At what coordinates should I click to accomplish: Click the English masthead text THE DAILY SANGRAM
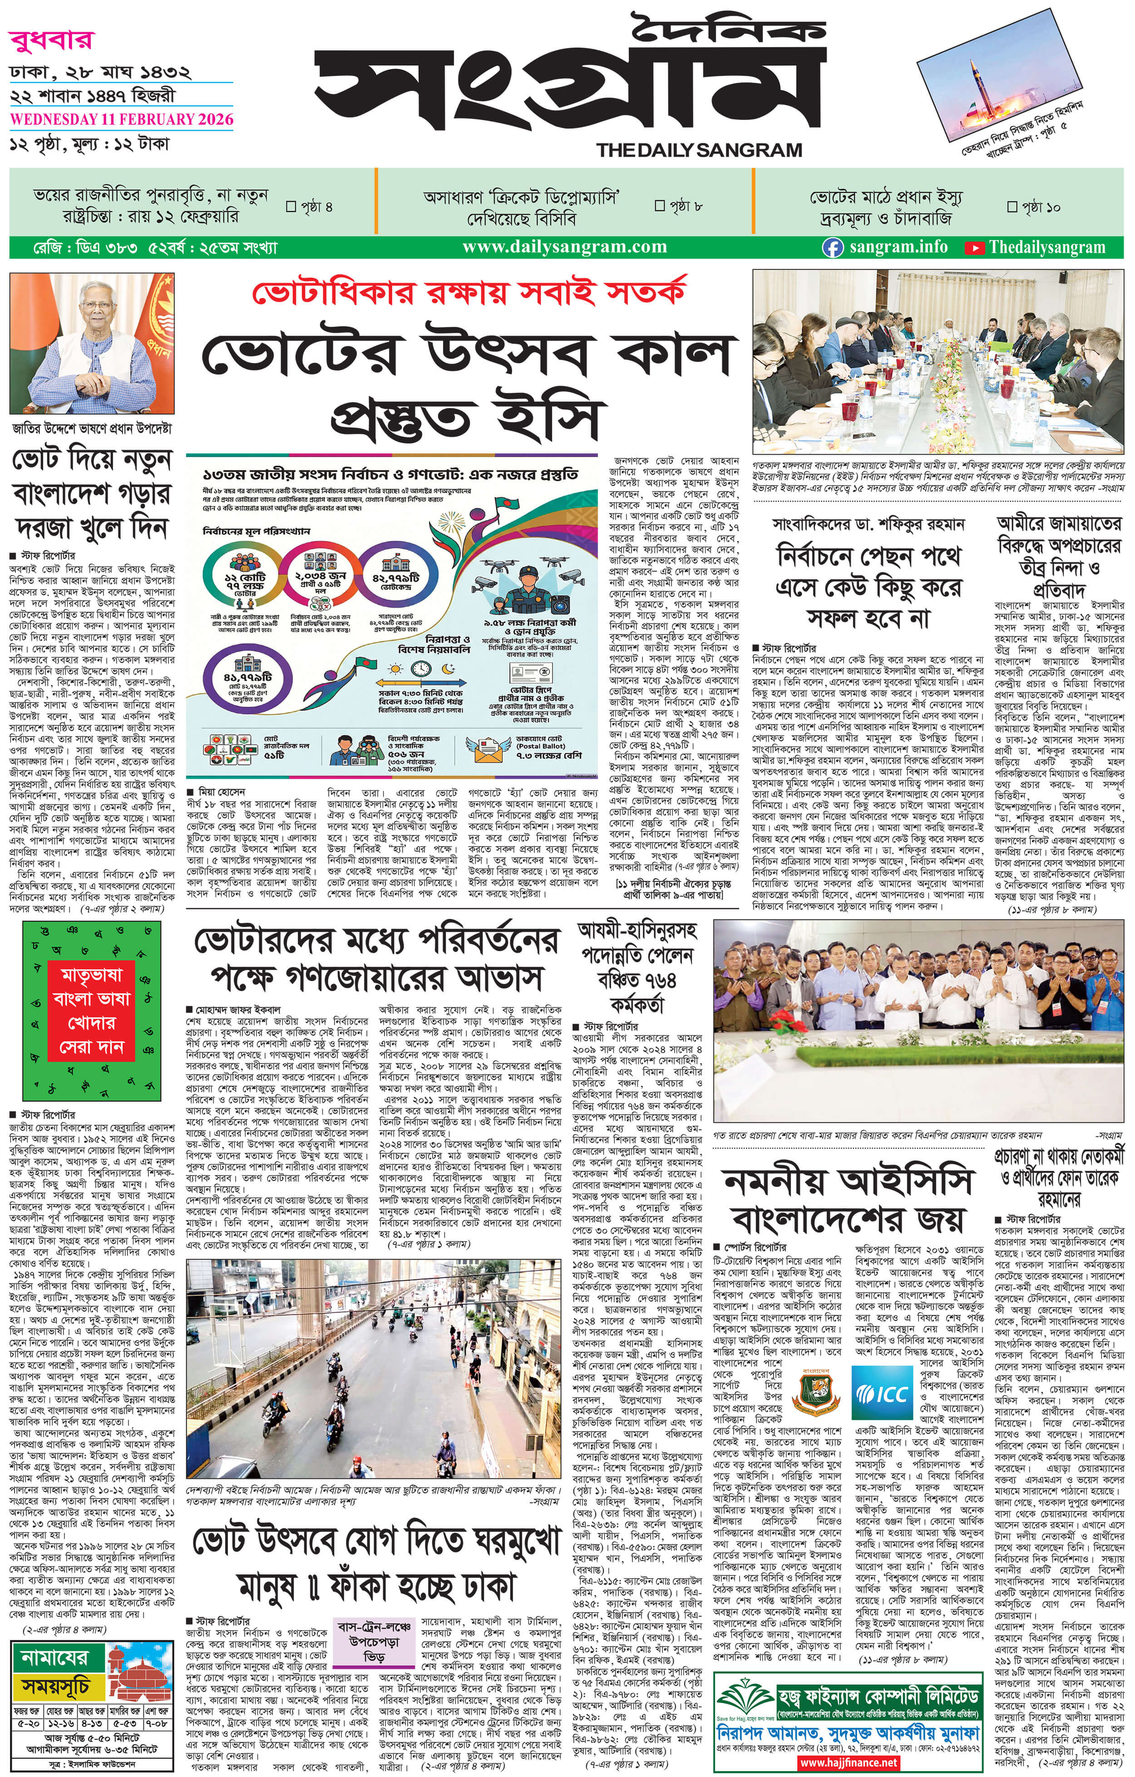[x=699, y=150]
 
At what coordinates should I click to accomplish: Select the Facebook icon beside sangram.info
[x=833, y=248]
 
